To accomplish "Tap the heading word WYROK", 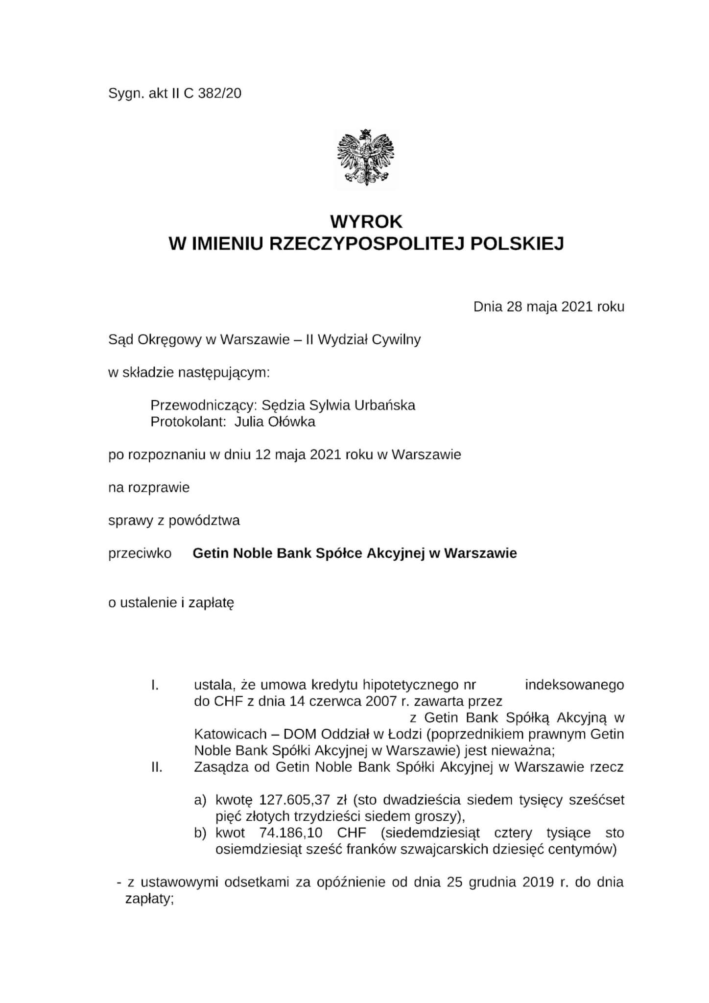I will pos(366,222).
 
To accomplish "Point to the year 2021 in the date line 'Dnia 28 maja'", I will pos(577,307).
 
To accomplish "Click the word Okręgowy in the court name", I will pos(170,340).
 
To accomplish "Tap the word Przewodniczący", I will pos(204,406).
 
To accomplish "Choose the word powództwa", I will pos(204,521).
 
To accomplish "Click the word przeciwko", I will pos(140,553).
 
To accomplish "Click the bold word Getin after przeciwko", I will pos(211,553).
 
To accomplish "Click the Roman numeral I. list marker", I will pos(155,685).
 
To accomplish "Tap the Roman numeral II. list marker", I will pos(157,767).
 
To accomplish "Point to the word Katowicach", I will pos(231,735).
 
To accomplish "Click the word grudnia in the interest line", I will pos(492,883).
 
